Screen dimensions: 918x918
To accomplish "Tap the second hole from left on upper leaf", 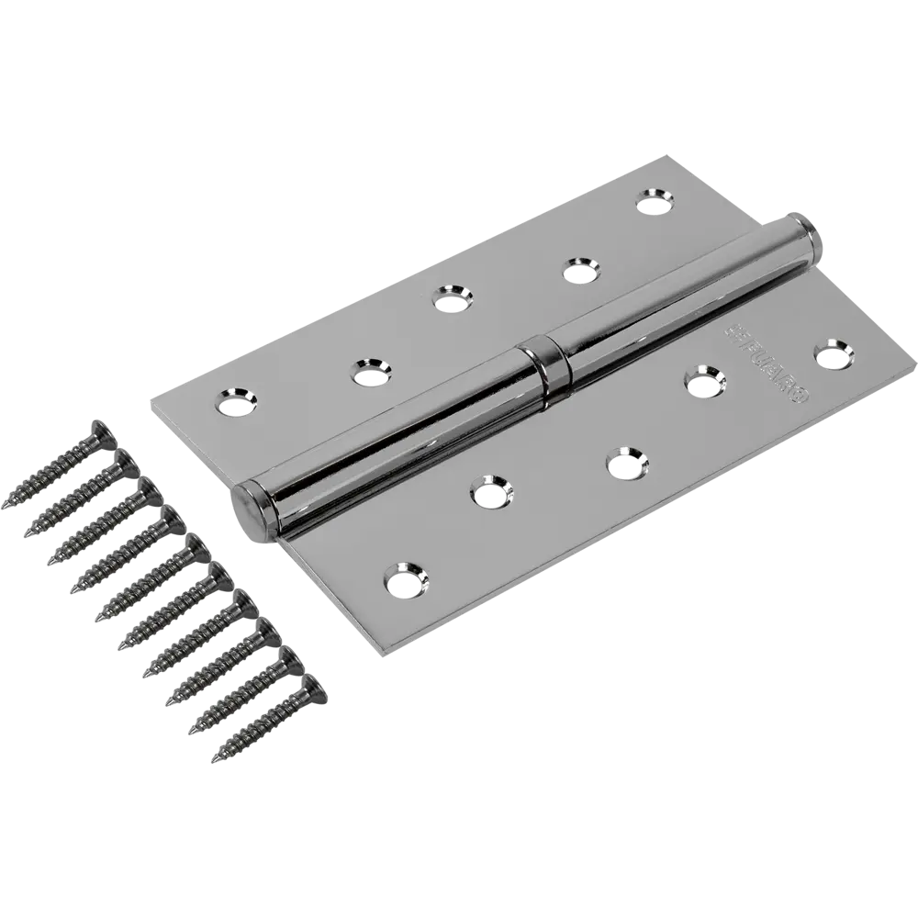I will (367, 371).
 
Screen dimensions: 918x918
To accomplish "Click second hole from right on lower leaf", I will (703, 380).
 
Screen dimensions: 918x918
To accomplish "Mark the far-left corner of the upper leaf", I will (150, 404).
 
